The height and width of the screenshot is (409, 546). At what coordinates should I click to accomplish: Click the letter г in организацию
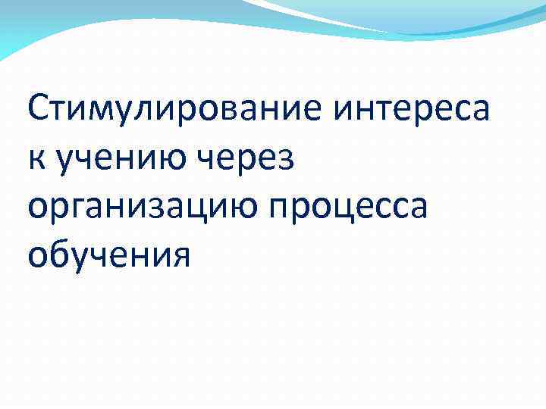[83, 211]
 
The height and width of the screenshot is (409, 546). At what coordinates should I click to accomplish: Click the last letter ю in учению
[176, 162]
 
